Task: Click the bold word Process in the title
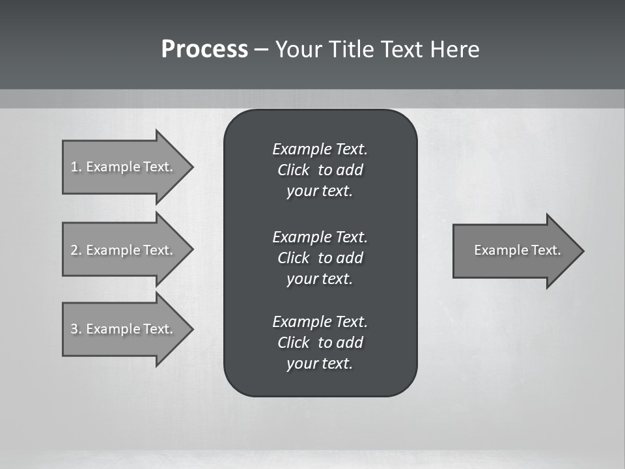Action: click(204, 50)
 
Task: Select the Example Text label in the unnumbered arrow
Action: click(517, 250)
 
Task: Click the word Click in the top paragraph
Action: click(294, 170)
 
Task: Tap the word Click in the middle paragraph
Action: click(294, 258)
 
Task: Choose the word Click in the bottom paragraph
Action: click(294, 343)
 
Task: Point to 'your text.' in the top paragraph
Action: click(320, 192)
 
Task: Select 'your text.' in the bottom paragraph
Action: click(320, 364)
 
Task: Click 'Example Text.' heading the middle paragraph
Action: click(320, 236)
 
